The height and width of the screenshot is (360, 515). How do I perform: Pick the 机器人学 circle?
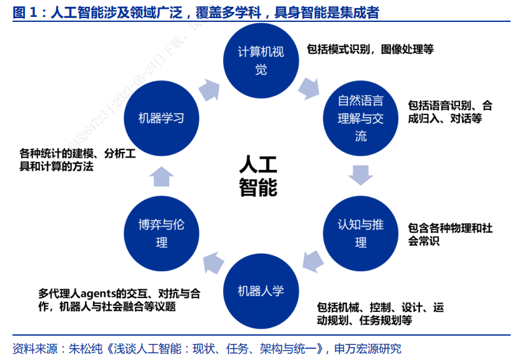click(x=261, y=291)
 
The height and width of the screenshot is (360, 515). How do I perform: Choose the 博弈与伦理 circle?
click(x=161, y=232)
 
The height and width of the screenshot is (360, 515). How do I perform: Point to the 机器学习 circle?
click(x=161, y=117)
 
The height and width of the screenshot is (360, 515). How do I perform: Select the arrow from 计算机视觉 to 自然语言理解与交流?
click(x=309, y=88)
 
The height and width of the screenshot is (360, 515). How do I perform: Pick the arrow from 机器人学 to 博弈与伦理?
click(x=212, y=261)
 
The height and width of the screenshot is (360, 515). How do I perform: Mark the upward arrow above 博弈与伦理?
click(x=161, y=176)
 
